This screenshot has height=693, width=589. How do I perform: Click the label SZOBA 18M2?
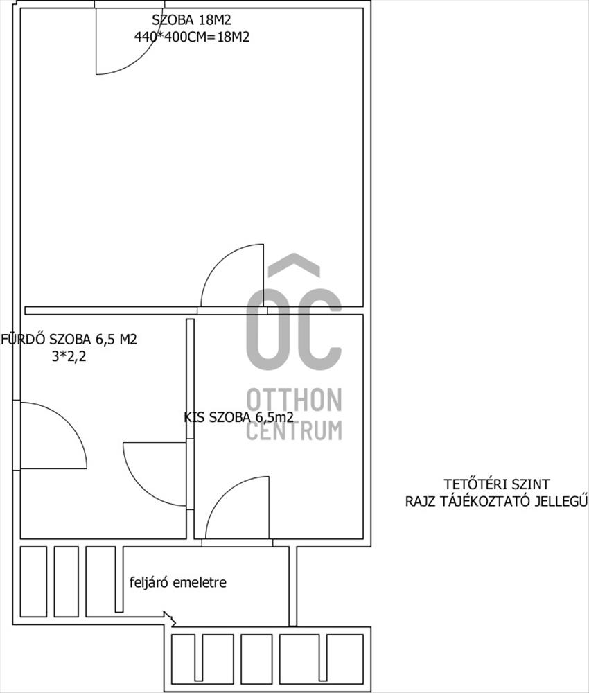click(x=191, y=20)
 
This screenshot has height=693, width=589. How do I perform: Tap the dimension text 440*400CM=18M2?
click(x=192, y=37)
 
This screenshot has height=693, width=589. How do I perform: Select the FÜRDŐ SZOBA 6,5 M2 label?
click(x=69, y=339)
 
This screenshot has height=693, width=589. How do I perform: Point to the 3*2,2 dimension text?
click(x=69, y=356)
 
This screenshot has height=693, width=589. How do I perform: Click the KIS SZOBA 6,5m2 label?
click(x=238, y=417)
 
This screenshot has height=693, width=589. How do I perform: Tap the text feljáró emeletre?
click(x=177, y=582)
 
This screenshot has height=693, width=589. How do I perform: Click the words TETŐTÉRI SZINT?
click(x=497, y=484)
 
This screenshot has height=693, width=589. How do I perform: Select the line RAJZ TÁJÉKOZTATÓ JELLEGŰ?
click(x=497, y=501)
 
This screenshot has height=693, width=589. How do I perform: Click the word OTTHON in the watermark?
click(x=294, y=400)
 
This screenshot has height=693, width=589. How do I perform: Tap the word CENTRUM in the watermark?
click(x=294, y=430)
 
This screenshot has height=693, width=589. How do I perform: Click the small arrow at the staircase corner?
click(x=170, y=619)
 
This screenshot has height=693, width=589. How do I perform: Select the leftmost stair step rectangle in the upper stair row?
click(x=33, y=581)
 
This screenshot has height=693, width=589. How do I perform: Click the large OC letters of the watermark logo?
click(x=294, y=329)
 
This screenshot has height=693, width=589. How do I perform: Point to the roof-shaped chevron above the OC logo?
click(x=294, y=264)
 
